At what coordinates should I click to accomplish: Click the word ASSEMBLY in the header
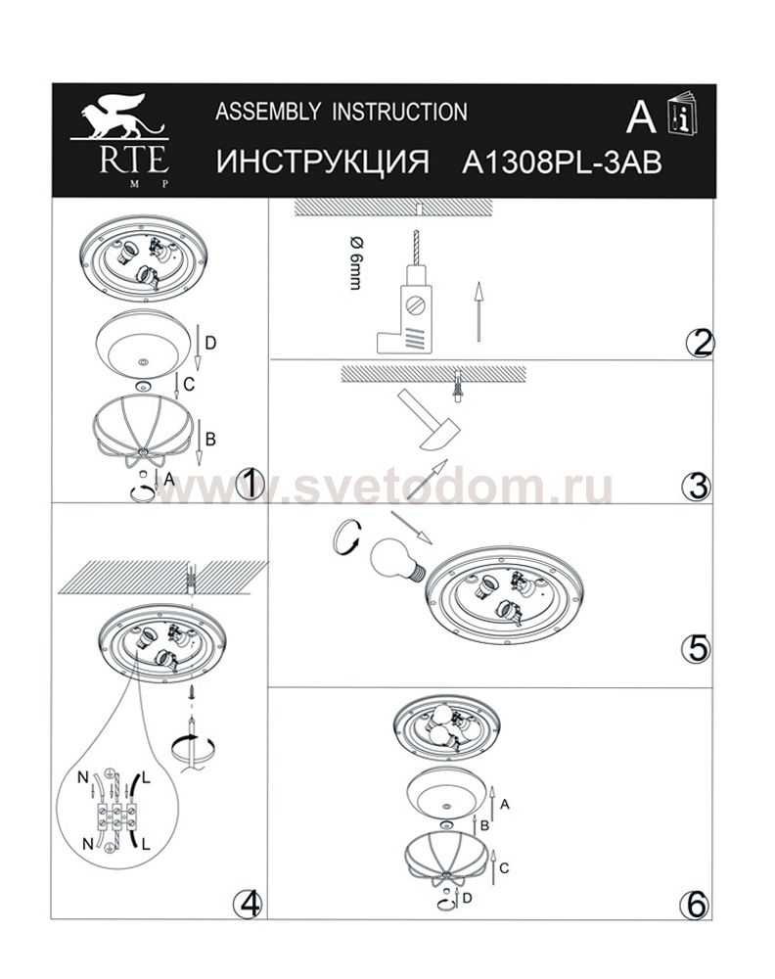pyautogui.click(x=268, y=113)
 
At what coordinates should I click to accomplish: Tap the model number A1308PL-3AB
pyautogui.click(x=562, y=163)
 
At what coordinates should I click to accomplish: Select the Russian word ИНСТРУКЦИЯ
pyautogui.click(x=323, y=163)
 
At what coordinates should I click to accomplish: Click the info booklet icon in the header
pyautogui.click(x=682, y=114)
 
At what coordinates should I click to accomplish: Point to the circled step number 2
pyautogui.click(x=700, y=343)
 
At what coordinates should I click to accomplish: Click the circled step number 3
pyautogui.click(x=698, y=487)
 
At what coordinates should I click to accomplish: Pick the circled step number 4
pyautogui.click(x=248, y=903)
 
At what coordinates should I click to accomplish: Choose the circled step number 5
pyautogui.click(x=696, y=649)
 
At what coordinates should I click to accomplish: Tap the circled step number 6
pyautogui.click(x=697, y=905)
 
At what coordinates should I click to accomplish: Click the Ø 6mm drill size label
pyautogui.click(x=356, y=263)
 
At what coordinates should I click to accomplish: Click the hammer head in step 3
pyautogui.click(x=440, y=436)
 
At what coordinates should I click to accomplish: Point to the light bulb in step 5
pyautogui.click(x=397, y=559)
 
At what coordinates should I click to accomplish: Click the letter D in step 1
pyautogui.click(x=210, y=343)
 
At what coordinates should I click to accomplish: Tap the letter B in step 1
pyautogui.click(x=210, y=439)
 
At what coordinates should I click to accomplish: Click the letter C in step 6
pyautogui.click(x=504, y=867)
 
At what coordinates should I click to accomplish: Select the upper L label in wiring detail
pyautogui.click(x=146, y=777)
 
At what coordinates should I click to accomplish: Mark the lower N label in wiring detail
pyautogui.click(x=88, y=844)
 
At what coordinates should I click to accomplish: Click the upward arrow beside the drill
pyautogui.click(x=479, y=311)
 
